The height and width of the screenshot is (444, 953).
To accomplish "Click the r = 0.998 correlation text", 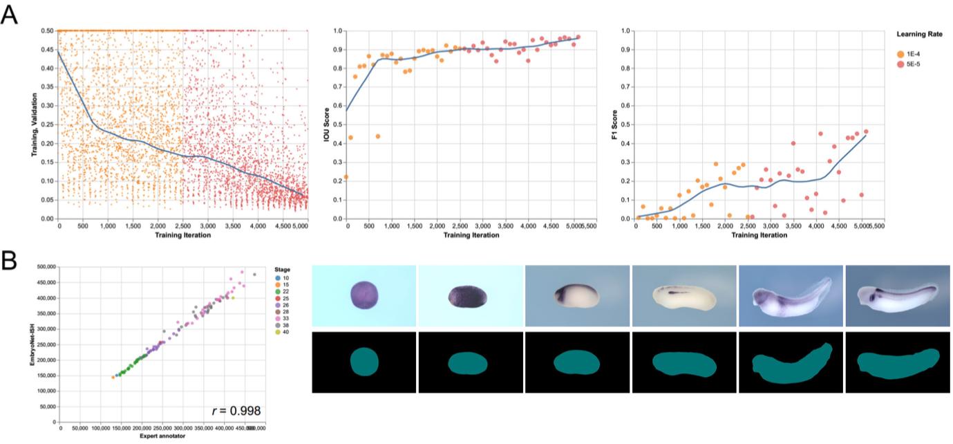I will coord(236,411).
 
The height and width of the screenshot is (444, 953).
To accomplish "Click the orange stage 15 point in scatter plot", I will coord(113,377).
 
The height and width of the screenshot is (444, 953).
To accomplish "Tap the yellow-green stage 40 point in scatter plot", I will coord(233,298).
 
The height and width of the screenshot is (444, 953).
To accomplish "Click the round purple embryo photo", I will coord(364,294).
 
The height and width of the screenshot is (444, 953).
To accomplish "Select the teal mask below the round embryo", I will coord(364,362).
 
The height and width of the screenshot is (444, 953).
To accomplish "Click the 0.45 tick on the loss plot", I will coord(47,50).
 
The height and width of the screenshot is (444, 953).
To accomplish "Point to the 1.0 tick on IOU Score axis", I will coord(339,31).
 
